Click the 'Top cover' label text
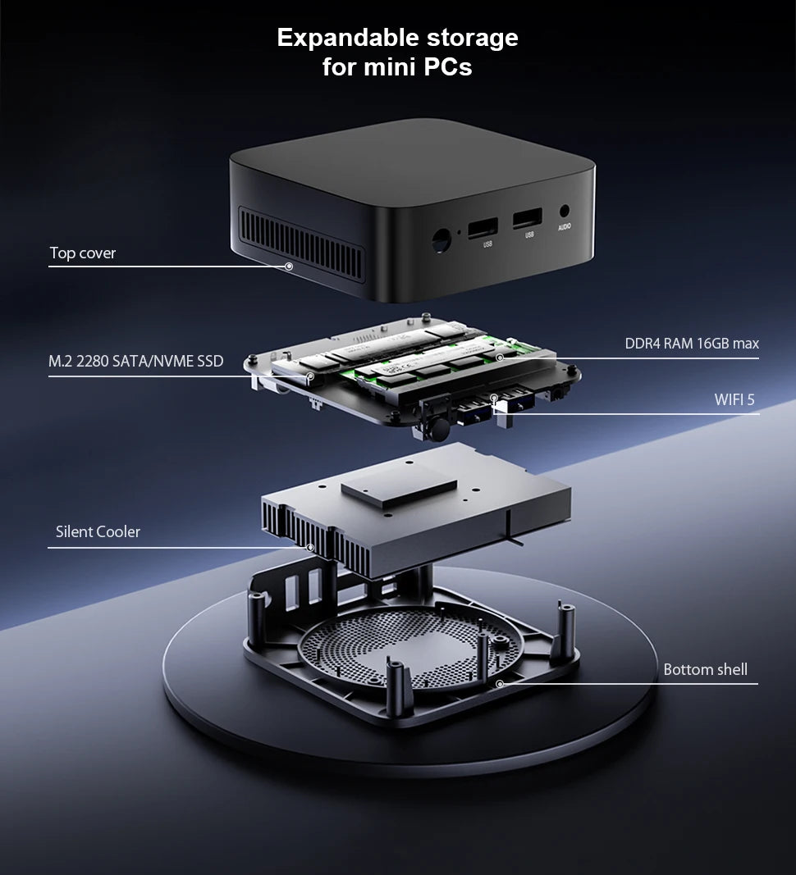coord(82,253)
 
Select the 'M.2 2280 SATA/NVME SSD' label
coord(135,362)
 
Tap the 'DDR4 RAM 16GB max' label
coord(692,344)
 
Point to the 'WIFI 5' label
coord(734,399)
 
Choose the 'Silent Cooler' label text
coord(98,532)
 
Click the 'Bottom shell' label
coord(705,670)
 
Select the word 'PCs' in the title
coord(448,67)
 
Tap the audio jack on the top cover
coord(565,211)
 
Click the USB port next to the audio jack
coord(527,220)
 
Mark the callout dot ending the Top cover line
coord(288,267)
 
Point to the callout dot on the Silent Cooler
coord(309,547)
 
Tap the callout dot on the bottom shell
coord(499,683)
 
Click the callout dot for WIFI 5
coord(494,399)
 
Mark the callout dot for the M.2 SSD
coord(310,376)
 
